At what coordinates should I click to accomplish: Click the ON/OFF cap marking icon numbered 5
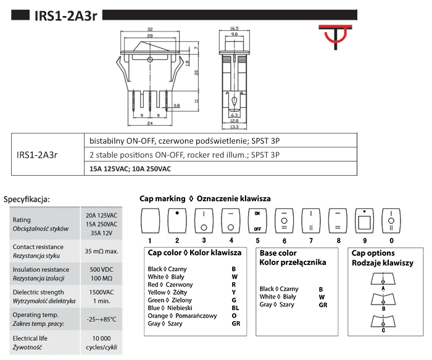pos(257,220)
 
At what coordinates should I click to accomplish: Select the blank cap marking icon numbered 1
pos(150,220)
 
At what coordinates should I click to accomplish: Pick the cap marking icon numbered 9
pos(365,220)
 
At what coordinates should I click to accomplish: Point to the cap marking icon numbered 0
pos(391,220)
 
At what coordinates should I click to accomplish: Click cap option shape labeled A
pos(384,280)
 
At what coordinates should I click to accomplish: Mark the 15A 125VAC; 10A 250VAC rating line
pos(130,168)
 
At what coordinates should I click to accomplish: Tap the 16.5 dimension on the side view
pos(235,28)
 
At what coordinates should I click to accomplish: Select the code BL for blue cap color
pos(235,308)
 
